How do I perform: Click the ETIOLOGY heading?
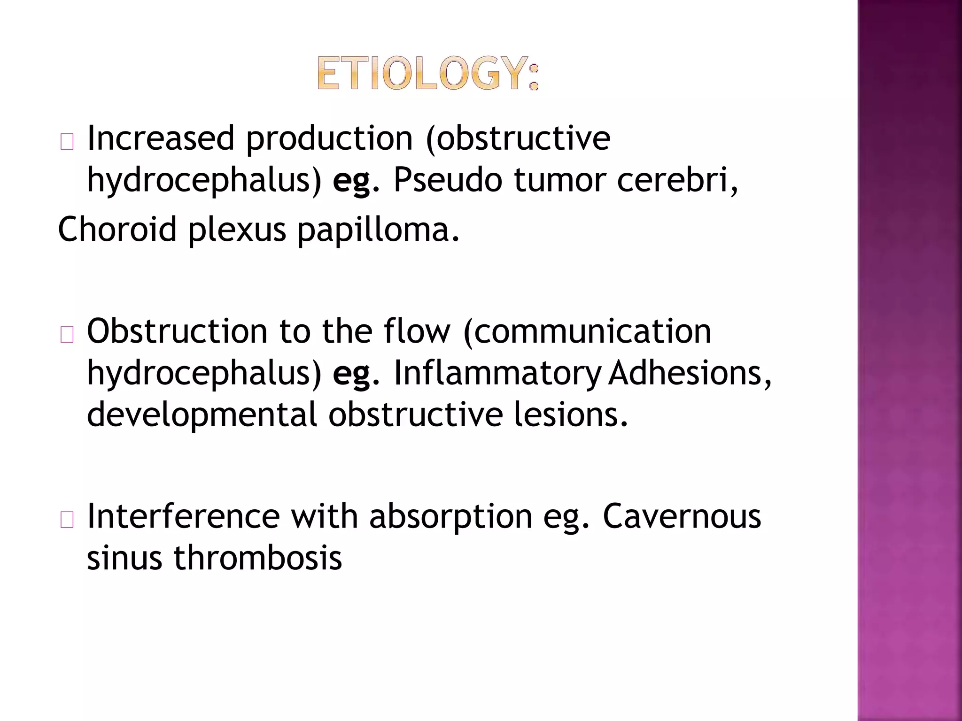point(428,73)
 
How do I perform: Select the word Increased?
point(160,138)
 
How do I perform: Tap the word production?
point(329,139)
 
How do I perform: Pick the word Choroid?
point(117,230)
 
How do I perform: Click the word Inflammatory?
point(497,374)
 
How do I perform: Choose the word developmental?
point(202,415)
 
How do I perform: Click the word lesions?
point(571,414)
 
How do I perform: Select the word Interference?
point(183,516)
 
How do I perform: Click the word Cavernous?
point(682,516)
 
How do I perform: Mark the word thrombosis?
point(258,558)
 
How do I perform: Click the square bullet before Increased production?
point(67,142)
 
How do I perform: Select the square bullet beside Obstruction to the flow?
point(67,335)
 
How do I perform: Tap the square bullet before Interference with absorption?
point(67,520)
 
